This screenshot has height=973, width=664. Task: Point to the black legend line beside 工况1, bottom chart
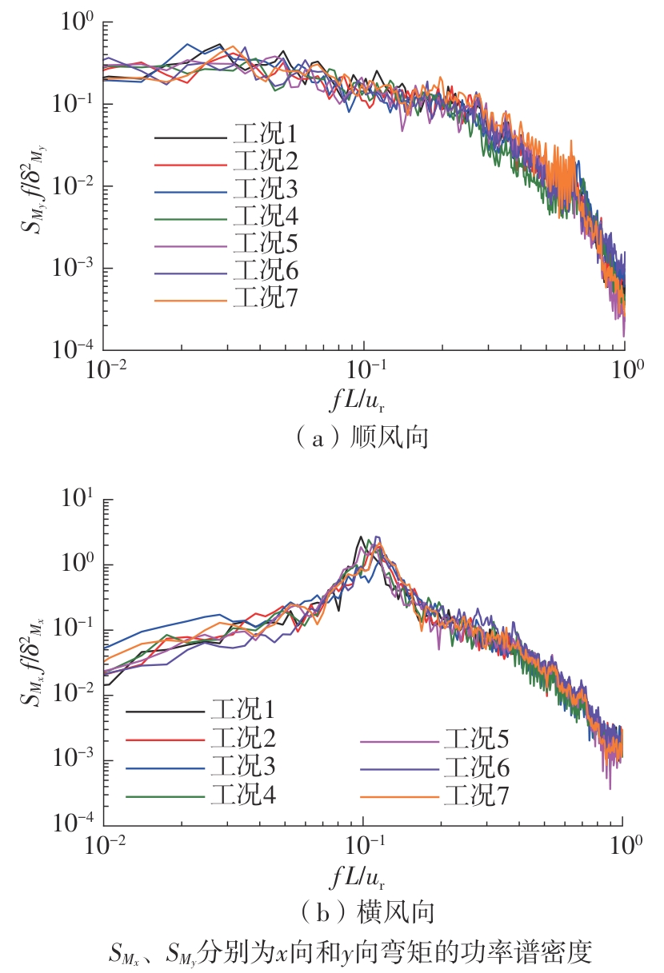pos(165,709)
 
